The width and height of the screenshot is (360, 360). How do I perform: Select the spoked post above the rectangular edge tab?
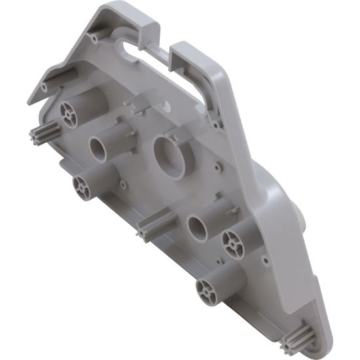click(83, 184)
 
